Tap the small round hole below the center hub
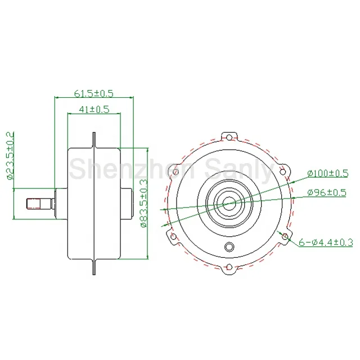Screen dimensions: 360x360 pos(228,247)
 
